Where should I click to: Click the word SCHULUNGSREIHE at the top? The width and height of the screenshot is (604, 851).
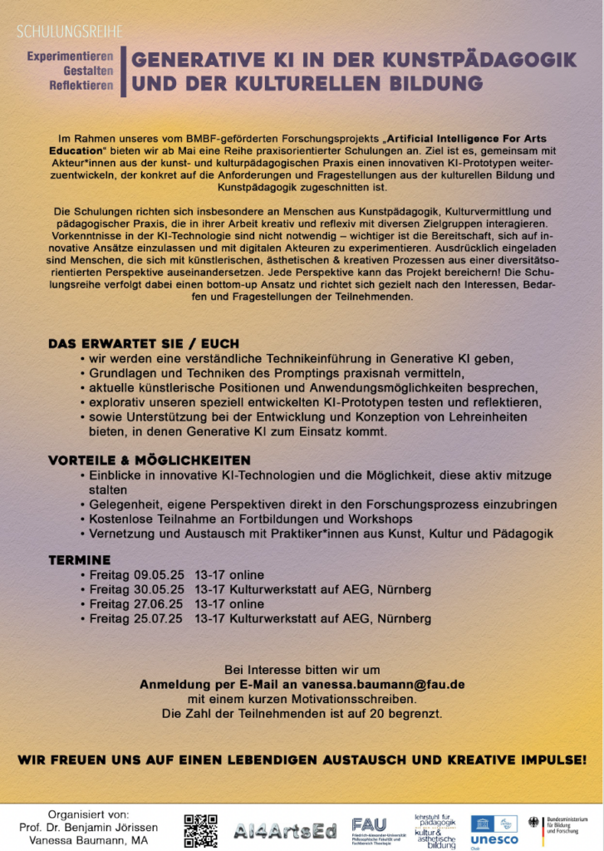click(x=70, y=32)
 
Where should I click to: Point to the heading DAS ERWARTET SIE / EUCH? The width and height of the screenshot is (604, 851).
click(x=144, y=343)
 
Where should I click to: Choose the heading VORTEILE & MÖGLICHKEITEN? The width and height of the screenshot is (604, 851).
click(x=150, y=460)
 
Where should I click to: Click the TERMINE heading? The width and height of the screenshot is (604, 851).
click(x=79, y=560)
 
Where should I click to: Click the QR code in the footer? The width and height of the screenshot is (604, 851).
click(x=200, y=830)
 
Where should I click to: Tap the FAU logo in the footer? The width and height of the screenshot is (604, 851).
click(x=370, y=825)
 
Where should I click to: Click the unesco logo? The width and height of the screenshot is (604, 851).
click(x=494, y=831)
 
